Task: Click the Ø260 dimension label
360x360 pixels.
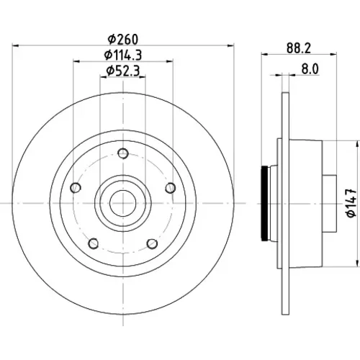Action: click(123, 40)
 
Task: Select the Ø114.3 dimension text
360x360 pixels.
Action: click(123, 55)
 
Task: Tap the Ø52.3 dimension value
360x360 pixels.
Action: click(123, 71)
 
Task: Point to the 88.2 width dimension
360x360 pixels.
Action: click(299, 48)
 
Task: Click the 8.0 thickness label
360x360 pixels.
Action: click(310, 69)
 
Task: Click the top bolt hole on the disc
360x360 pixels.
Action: click(123, 153)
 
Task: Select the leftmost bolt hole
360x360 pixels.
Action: click(76, 187)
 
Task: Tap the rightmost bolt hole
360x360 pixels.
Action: click(171, 188)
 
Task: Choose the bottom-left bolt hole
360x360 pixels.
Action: click(94, 243)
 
